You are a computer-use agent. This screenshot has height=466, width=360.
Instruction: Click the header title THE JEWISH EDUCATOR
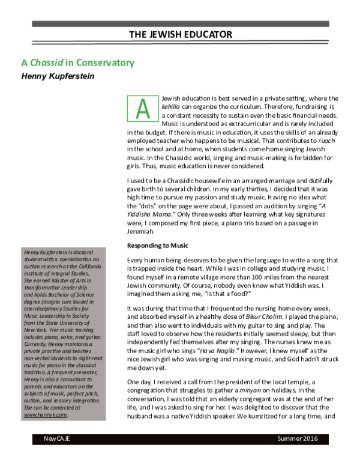click(181, 35)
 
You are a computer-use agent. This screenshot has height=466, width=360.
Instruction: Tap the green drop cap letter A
click(142, 109)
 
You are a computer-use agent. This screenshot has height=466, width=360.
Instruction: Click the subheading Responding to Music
click(158, 246)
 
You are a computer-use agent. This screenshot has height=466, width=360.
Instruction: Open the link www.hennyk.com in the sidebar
click(38, 414)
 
